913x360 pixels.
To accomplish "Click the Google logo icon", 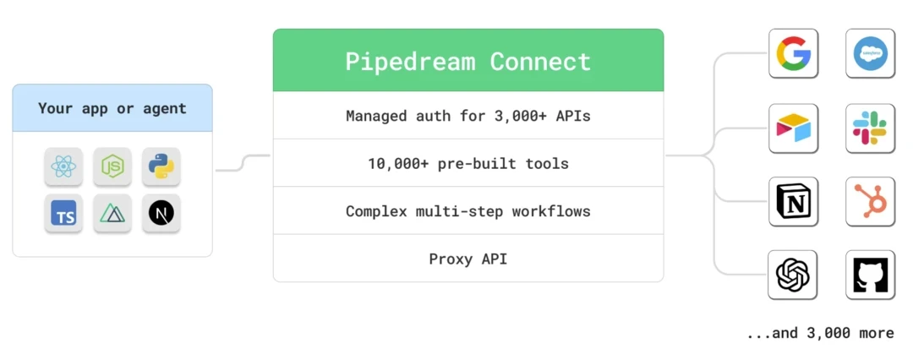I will coord(793,54).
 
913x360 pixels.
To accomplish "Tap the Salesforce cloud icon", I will coord(870,54).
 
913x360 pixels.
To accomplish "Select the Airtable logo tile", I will coord(793,128).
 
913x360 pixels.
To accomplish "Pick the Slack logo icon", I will coord(870,128).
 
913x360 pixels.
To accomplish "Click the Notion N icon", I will coord(793,201).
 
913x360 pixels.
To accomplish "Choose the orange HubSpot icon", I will coord(870,201).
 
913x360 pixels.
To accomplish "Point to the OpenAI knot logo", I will coord(793,275).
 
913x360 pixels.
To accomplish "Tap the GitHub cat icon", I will coord(870,275).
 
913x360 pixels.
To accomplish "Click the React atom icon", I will coord(63,166).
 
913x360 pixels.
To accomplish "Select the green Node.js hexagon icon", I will coord(112,166).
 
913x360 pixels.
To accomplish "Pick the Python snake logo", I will coord(161,166).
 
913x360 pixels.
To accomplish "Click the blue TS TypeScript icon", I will coord(63,215).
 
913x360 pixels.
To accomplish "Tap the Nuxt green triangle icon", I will coord(112,215).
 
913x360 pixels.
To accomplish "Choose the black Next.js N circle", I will coord(161,215).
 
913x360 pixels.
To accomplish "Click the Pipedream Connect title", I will coord(467,61).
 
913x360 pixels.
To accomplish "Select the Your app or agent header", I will coord(112,108).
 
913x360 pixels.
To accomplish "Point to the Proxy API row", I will coord(467,259).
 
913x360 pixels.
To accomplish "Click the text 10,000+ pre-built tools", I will coord(467,163).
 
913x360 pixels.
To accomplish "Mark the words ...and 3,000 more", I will coord(819,333).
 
